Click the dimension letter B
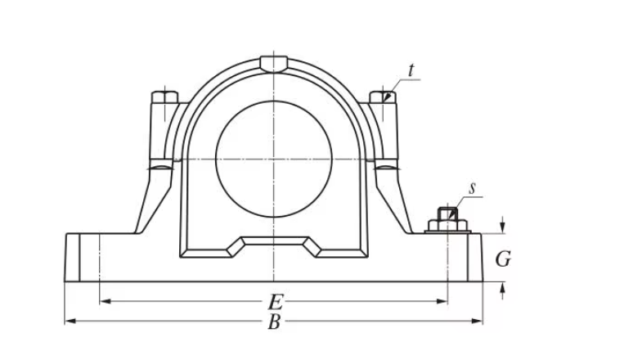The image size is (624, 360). point(275,322)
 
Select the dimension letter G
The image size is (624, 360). point(504,259)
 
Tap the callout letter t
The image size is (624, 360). point(411,71)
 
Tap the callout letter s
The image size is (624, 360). point(472,188)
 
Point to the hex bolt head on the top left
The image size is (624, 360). point(164,97)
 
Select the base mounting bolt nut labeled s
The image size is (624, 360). point(447,218)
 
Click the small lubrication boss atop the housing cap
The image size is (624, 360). point(272,63)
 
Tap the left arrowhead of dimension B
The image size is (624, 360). point(70,321)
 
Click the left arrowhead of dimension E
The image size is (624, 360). point(104,301)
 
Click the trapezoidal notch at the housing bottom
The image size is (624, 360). point(273,245)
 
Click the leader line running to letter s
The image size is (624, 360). point(460,200)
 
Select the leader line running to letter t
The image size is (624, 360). point(400,83)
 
